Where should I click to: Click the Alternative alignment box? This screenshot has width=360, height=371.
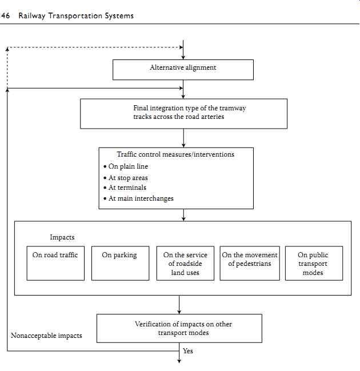(x=183, y=70)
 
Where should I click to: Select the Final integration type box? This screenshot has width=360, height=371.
(x=184, y=114)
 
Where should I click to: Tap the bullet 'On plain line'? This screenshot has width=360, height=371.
(x=126, y=166)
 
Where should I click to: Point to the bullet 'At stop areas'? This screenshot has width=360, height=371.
(x=126, y=178)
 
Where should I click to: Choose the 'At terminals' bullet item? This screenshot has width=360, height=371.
(x=125, y=188)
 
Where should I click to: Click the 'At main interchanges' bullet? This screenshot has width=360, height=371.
(x=138, y=198)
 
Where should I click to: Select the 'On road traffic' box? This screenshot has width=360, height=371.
(x=55, y=264)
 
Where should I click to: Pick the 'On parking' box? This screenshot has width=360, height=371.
(x=121, y=264)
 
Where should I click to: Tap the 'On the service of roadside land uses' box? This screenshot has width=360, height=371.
(x=185, y=264)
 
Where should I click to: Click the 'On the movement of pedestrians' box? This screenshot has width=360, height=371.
(x=250, y=264)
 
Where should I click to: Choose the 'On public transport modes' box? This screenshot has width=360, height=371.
(x=314, y=264)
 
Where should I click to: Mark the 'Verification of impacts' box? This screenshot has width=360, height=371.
(x=179, y=328)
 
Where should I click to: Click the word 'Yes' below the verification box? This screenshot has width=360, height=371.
(x=188, y=350)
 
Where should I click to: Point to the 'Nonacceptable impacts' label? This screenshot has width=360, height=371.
(x=46, y=336)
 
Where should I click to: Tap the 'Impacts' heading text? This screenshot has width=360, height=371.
(x=62, y=237)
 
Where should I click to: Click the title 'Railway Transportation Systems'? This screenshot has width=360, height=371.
(x=76, y=16)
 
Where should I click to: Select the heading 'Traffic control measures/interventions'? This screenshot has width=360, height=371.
(x=175, y=154)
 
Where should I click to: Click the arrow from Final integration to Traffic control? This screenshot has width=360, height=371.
(x=183, y=138)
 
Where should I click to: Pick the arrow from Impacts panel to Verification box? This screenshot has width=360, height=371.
(x=179, y=305)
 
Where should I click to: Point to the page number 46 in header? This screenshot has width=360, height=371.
(x=5, y=15)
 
